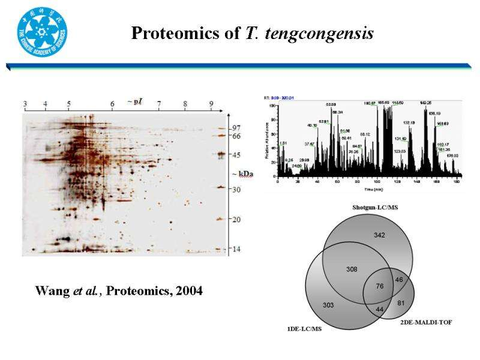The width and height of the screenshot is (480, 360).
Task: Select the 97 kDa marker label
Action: click(236, 127)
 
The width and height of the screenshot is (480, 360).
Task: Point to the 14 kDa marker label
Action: click(236, 248)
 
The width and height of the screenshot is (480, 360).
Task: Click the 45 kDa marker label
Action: click(236, 155)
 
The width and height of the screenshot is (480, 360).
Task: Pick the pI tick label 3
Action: click(25, 104)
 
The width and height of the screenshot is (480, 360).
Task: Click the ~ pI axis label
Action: click(134, 101)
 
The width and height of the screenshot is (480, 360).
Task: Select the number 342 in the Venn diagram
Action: click(379, 235)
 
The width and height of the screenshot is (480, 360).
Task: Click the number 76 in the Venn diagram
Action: click(379, 286)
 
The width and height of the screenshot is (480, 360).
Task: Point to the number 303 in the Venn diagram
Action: click(328, 305)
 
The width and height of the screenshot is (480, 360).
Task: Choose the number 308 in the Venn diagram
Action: click(352, 269)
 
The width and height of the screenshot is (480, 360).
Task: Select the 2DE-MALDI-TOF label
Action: click(426, 323)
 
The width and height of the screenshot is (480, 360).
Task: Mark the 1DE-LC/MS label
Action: click(305, 329)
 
